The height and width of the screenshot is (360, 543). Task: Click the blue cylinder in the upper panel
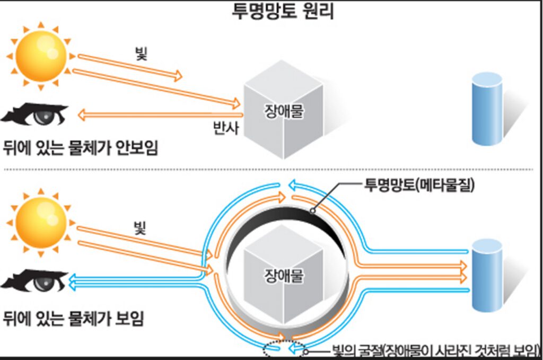pos(487,108)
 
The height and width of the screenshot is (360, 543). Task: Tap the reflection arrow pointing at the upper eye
pos(159,113)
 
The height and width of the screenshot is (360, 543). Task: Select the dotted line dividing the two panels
pos(271,170)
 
